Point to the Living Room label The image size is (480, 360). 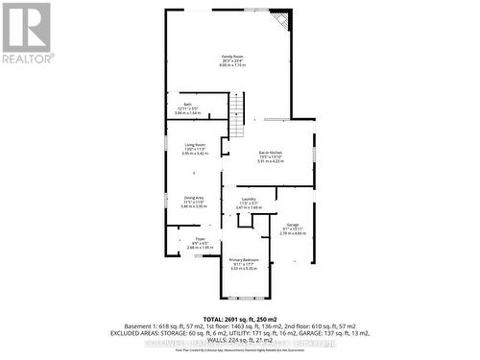coord(196,145)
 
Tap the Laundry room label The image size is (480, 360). coord(249,199)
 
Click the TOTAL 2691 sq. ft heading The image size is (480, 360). coord(240,318)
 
